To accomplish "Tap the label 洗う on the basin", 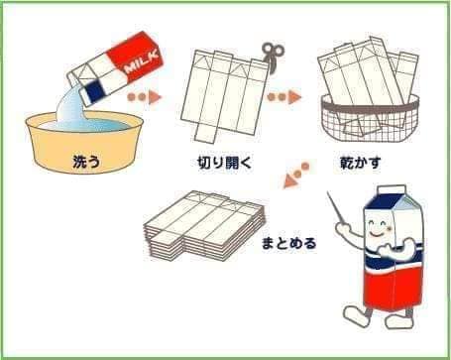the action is point(86,162).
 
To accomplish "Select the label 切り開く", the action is point(225,163).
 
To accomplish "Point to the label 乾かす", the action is point(361,163).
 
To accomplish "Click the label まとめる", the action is point(289,243).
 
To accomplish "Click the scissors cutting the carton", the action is point(273,57).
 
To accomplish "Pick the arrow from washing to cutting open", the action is point(145,97).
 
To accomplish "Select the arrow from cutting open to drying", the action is point(284,97).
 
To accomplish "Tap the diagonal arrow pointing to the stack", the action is point(296,176).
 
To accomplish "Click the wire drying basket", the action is point(371,118).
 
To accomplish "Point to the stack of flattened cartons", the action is point(205,226).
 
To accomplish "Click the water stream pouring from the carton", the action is point(72,106).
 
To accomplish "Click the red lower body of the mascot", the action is point(394,287).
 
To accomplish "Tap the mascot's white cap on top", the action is point(392,189).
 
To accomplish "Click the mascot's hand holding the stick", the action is point(344,229).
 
